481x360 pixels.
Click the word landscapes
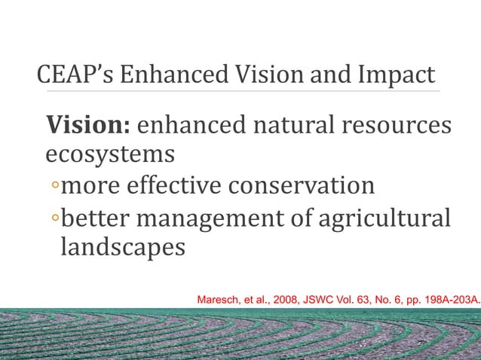[x=121, y=247]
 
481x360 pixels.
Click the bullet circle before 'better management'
[x=54, y=218]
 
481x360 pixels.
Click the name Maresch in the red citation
[x=218, y=300]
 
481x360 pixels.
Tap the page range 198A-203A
[x=446, y=300]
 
